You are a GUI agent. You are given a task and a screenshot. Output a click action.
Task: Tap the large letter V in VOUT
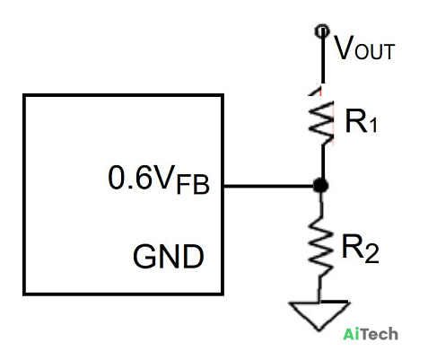pos(345,48)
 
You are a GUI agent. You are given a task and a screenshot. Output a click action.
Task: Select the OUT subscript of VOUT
pos(375,52)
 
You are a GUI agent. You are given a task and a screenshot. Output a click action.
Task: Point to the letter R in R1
pos(356,120)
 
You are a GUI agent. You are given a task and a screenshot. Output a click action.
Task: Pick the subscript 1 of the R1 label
pos(372,125)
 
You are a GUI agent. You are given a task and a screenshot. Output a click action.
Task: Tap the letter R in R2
pos(353,246)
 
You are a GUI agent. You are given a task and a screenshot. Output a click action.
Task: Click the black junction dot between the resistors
pos(320,186)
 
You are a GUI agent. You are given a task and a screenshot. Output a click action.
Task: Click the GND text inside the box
pos(169,256)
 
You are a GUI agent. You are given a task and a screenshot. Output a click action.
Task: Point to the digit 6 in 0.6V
pos(144,178)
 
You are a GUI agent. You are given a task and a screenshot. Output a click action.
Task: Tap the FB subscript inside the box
pos(193,185)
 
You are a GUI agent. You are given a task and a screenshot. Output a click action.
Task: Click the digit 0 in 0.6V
pos(117,178)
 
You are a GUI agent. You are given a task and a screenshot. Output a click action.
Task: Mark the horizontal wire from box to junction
pos(268,186)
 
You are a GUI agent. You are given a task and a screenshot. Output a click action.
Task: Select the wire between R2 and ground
pos(319,288)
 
